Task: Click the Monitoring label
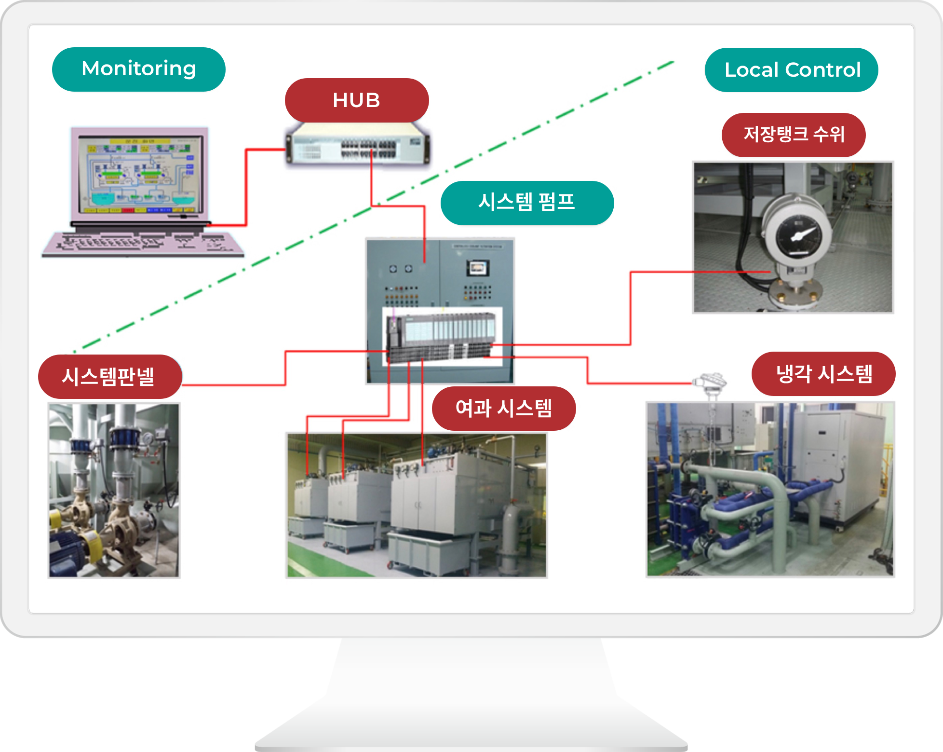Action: pos(138,69)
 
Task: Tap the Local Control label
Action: pos(791,70)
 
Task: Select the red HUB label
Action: pos(356,100)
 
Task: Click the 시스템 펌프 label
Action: pos(526,203)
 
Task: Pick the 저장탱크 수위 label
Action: pos(793,135)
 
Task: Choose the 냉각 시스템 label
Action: pos(823,374)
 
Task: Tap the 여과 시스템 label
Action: pos(503,408)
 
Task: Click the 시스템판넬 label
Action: pos(109,376)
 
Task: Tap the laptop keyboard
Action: pos(143,244)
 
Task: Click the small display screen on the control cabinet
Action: pos(477,268)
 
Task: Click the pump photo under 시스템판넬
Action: pos(114,490)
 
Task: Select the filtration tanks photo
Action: pos(417,505)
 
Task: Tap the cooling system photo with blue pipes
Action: pos(770,489)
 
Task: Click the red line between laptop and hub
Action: pos(246,188)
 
